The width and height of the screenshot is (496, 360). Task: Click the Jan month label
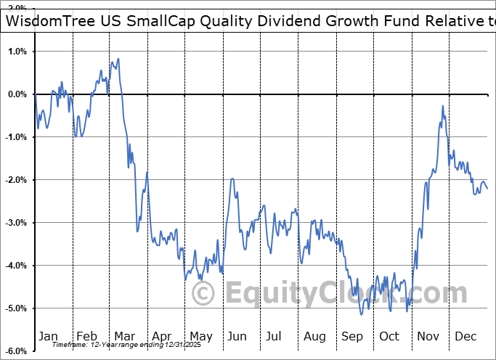point(47,336)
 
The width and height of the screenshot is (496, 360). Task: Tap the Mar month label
point(124,336)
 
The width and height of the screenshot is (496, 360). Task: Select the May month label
point(200,336)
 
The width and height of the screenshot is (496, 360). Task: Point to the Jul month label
point(274,336)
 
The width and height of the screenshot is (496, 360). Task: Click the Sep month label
point(351,336)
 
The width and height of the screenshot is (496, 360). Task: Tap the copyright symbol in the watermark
point(203,294)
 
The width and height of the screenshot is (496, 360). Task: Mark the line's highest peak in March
point(118,59)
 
